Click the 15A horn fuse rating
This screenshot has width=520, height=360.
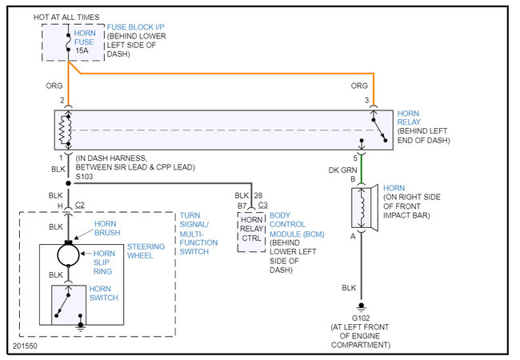coord(82,50)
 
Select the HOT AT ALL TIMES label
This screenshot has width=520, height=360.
coord(66,18)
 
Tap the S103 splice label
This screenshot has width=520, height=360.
coord(84,177)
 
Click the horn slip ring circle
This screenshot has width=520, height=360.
coord(68,255)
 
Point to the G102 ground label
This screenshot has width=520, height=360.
coord(361,318)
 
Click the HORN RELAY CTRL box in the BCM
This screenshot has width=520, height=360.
coord(251,232)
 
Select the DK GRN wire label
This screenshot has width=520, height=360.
coord(342,170)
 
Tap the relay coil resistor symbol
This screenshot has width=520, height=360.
coord(65,130)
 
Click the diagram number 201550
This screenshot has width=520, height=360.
coord(25,346)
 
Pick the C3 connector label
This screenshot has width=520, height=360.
coord(262,205)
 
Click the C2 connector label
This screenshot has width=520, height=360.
coord(79,205)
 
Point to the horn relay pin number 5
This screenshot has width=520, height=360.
coord(355,158)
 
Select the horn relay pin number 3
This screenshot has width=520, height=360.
coord(366,100)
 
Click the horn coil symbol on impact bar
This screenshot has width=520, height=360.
coord(362,208)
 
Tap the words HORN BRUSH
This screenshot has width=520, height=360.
coord(107,228)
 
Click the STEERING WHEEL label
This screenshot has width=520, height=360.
coord(146,251)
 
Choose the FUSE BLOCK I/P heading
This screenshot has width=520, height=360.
coord(135,27)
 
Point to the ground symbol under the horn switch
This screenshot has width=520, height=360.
coord(80,326)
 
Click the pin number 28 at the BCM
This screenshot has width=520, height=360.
coord(258,195)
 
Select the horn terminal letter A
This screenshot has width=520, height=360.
coord(353,236)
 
